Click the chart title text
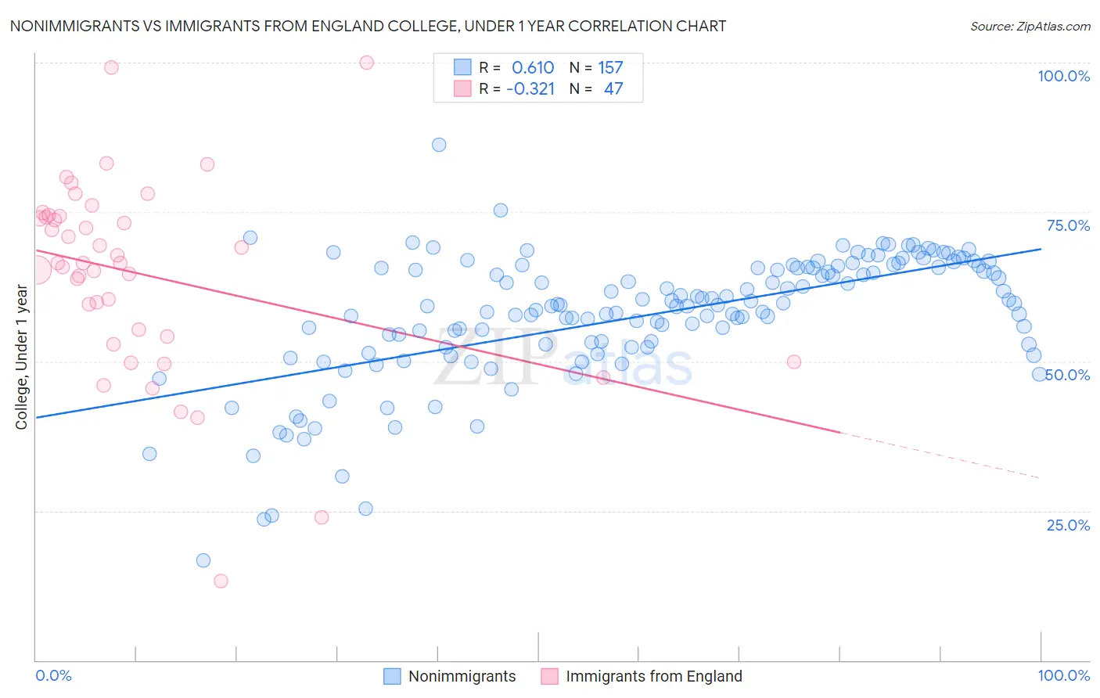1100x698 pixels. [368, 26]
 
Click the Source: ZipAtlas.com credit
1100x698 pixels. [1030, 26]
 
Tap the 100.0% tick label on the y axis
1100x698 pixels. [1063, 76]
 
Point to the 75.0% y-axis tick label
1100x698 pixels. [1068, 225]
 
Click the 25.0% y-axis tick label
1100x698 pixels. [1068, 525]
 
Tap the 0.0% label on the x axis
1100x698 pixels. [53, 675]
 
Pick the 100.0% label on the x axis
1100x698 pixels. [1063, 675]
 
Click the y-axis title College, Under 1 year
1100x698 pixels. [22, 358]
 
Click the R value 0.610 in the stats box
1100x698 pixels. [533, 68]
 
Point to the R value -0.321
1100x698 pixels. [530, 89]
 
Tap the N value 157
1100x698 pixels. [610, 68]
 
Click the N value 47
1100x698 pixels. [613, 89]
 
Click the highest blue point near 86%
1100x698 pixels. [439, 145]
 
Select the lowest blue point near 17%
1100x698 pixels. [203, 560]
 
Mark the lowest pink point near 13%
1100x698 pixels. [221, 581]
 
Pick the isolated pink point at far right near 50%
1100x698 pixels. [794, 362]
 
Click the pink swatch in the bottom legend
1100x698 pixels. [549, 676]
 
